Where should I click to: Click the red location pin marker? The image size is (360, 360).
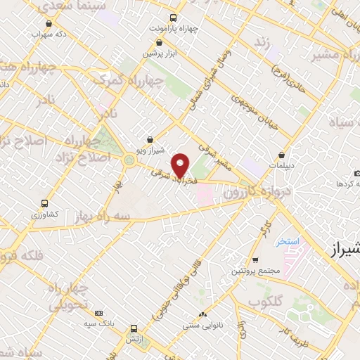coord(181,165)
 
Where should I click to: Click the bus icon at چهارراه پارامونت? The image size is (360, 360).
coord(174,19)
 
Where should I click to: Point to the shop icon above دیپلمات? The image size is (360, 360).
coord(281,155)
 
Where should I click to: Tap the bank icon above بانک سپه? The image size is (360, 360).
coord(98,312)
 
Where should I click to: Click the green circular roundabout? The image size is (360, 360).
coord(129,160)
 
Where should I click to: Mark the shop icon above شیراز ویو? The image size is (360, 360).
coord(149,140)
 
